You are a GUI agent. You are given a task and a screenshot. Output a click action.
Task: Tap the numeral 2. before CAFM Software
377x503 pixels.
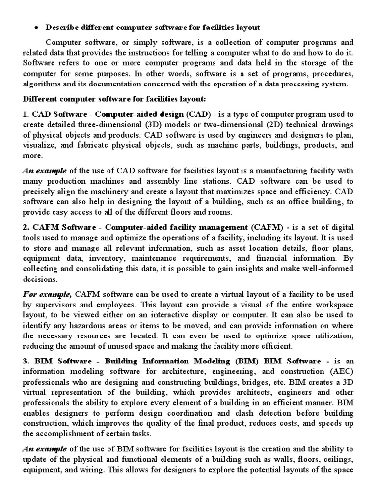[x=26, y=227]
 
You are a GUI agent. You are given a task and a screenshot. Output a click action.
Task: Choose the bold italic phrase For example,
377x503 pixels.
[x=47, y=294]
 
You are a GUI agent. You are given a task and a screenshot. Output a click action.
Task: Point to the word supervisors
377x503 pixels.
[x=53, y=305]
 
